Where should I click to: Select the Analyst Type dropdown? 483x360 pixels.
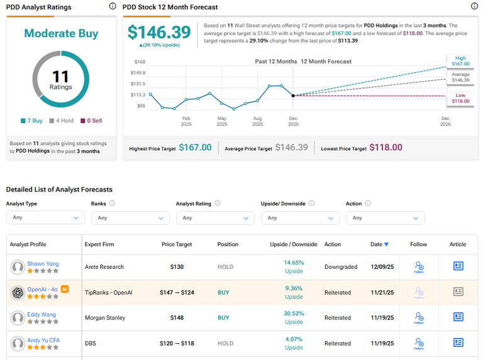[45, 218]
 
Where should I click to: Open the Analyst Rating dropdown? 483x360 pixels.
[215, 218]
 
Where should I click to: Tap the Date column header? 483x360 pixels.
[379, 244]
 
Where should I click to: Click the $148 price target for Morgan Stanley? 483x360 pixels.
[177, 318]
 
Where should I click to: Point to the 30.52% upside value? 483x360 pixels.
[294, 314]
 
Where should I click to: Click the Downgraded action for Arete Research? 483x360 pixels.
[341, 267]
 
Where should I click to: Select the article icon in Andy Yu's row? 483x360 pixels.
[458, 342]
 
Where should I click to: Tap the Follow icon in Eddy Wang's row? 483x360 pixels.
[419, 318]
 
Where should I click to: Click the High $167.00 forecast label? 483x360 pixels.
[460, 61]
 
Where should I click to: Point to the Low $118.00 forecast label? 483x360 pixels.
[460, 98]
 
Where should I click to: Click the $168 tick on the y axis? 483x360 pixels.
[140, 62]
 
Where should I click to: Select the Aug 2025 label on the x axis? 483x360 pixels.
[257, 121]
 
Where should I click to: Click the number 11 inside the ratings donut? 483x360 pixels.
[60, 77]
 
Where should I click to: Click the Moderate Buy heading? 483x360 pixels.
[61, 33]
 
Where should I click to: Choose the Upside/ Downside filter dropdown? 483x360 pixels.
[300, 218]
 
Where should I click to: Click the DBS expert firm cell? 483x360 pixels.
[91, 343]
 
